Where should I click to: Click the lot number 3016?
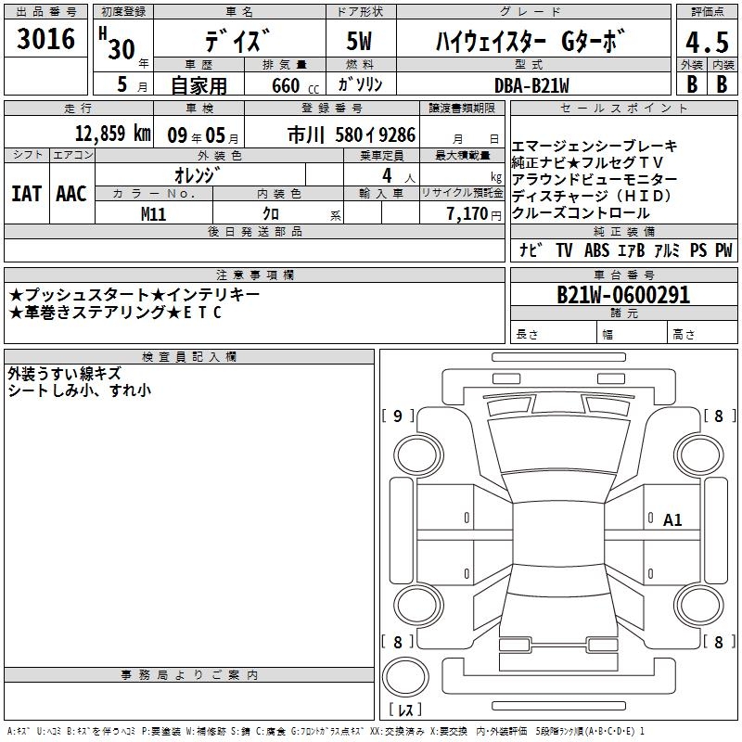pos(45,38)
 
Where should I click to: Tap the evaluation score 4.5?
pos(707,42)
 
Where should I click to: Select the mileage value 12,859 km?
pos(113,134)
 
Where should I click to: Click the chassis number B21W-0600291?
pos(623,295)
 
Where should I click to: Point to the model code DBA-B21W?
pos(531,85)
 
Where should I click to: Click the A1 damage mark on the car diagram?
pos(672,520)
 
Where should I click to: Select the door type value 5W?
pos(359,41)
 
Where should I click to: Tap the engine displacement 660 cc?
pos(295,85)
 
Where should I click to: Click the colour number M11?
pos(153,214)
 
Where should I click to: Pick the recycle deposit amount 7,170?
pos(467,214)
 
